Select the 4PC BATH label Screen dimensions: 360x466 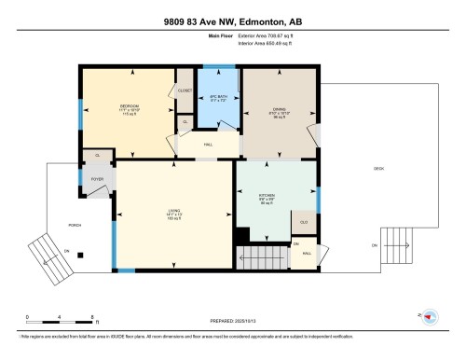point(220,98)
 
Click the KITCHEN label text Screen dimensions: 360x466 point(276,197)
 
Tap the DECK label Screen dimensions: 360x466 point(378,169)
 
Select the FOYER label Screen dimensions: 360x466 point(98,177)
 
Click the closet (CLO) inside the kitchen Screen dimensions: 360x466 point(305,221)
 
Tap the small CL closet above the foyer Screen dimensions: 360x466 point(97,155)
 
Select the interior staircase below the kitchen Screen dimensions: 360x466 point(259,257)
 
